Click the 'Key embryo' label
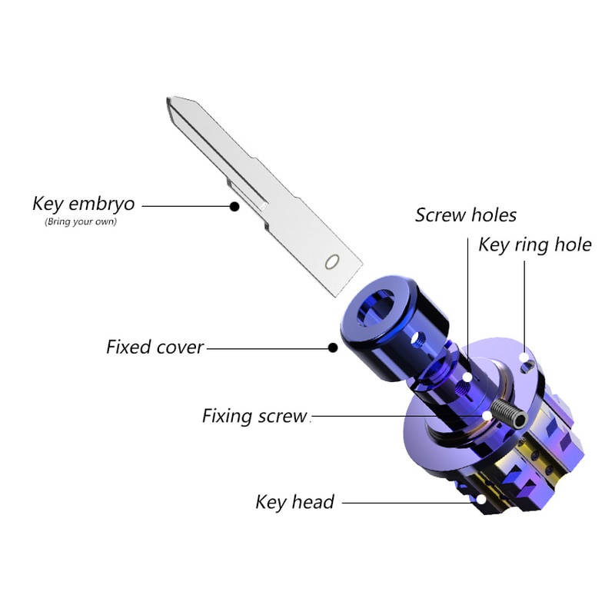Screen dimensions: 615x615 tap(84, 204)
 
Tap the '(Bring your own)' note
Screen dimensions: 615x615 tap(81, 221)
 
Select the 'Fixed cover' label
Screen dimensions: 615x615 tap(155, 347)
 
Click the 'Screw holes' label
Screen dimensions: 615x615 tap(466, 215)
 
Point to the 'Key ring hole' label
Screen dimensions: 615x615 tap(535, 245)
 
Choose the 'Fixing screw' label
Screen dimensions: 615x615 tap(254, 416)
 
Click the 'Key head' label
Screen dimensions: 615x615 tap(295, 502)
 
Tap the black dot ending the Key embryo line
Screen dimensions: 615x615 tap(234, 206)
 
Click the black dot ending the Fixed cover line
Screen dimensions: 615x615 tap(333, 347)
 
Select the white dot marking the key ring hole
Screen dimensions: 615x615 tap(524, 357)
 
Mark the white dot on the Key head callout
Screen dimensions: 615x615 tap(481, 499)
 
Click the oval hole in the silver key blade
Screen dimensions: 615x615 tap(332, 262)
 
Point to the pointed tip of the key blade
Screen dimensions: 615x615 tap(168, 98)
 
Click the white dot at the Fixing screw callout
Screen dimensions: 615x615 tap(487, 415)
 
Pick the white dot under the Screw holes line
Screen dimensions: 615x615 tap(467, 377)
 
